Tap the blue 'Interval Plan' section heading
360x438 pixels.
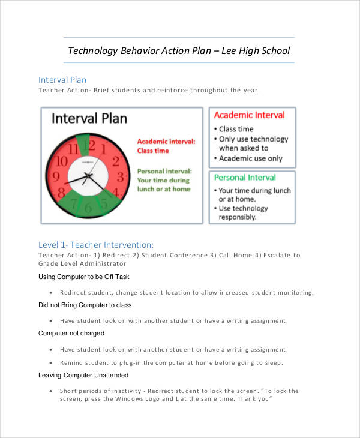62,80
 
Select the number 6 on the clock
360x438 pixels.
88,208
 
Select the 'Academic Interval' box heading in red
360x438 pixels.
250,115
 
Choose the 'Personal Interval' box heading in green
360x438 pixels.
245,178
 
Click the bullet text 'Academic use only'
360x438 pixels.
250,158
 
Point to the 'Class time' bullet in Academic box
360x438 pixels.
236,129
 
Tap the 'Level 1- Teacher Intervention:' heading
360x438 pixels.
96,245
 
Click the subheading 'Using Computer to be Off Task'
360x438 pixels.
83,277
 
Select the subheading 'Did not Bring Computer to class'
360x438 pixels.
85,305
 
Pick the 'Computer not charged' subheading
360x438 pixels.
71,333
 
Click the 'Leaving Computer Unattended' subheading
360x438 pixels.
83,375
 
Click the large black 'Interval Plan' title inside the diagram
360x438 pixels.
89,118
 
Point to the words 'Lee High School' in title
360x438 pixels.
256,50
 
